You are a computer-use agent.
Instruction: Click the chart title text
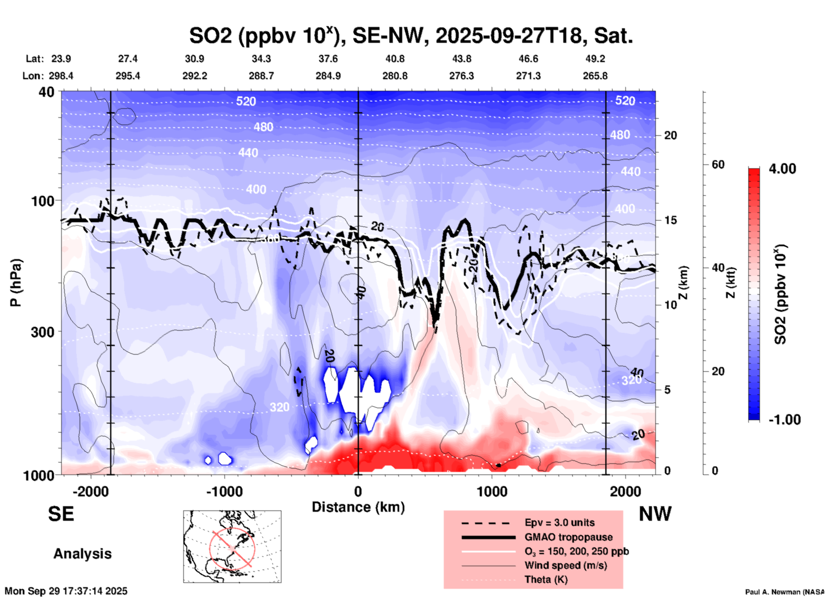pyautogui.click(x=411, y=36)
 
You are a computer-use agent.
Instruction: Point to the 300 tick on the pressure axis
pyautogui.click(x=42, y=332)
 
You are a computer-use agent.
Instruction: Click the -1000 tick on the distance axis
pyautogui.click(x=224, y=491)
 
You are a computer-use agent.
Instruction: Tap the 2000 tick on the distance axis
pyautogui.click(x=625, y=491)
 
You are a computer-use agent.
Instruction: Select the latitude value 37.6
pyautogui.click(x=328, y=59)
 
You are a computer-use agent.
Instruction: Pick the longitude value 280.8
pyautogui.click(x=395, y=76)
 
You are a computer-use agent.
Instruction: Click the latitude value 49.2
pyautogui.click(x=595, y=59)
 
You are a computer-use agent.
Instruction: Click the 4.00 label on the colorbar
pyautogui.click(x=782, y=169)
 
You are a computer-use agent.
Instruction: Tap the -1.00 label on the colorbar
pyautogui.click(x=784, y=419)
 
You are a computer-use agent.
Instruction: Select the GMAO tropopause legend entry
pyautogui.click(x=568, y=537)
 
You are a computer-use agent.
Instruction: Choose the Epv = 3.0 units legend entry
pyautogui.click(x=559, y=522)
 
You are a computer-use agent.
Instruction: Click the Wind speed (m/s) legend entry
pyautogui.click(x=565, y=565)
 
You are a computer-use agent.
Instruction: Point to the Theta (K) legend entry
pyautogui.click(x=546, y=579)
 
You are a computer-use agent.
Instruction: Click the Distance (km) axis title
pyautogui.click(x=358, y=507)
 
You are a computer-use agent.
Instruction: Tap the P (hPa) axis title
pyautogui.click(x=16, y=283)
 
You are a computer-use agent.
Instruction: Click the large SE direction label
pyautogui.click(x=61, y=514)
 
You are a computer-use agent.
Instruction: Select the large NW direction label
pyautogui.click(x=655, y=514)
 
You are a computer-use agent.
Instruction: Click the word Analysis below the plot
pyautogui.click(x=82, y=554)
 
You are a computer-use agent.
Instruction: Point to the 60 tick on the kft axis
pyautogui.click(x=718, y=164)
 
